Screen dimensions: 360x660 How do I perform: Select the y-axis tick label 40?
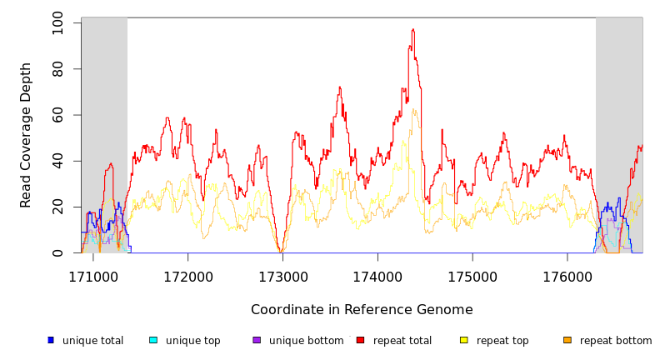tap(57, 161)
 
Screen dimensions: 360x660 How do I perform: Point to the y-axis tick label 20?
tap(57, 207)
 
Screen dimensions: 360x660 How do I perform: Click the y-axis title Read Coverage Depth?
tap(26, 135)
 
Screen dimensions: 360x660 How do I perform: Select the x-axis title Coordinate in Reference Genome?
tap(362, 310)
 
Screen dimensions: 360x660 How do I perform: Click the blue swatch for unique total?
tap(51, 340)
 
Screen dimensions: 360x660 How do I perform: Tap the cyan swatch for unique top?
tap(153, 340)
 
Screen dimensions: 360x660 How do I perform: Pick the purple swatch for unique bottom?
tap(257, 340)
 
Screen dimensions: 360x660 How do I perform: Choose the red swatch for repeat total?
tap(360, 340)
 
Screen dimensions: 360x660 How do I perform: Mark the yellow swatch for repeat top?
tap(464, 340)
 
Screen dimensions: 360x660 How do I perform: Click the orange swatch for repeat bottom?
tap(567, 340)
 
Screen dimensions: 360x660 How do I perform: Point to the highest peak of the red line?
tap(413, 29)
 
